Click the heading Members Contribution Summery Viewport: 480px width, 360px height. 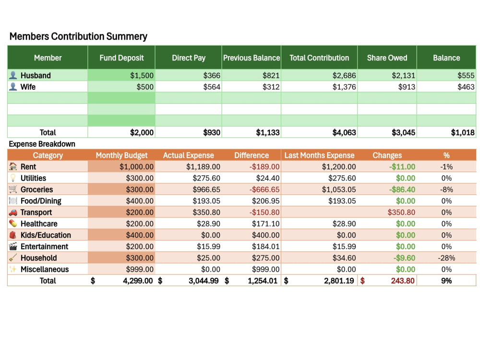point(78,36)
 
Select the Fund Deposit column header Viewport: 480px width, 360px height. point(121,58)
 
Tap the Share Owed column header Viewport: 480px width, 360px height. point(387,58)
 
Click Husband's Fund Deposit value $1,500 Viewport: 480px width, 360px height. point(142,75)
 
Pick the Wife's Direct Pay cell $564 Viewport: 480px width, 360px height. point(212,87)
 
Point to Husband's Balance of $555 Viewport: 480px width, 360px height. point(466,75)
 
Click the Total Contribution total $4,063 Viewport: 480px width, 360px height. point(344,132)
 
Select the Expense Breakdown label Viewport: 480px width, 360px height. point(42,144)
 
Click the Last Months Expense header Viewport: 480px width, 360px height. point(319,156)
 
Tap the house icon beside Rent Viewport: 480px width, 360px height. point(13,167)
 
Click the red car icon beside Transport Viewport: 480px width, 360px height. point(13,213)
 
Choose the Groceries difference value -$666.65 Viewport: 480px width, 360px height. point(264,190)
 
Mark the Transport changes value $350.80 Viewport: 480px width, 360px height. point(401,213)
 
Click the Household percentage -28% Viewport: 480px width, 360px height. point(446,258)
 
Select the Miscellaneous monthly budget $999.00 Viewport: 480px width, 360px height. point(140,269)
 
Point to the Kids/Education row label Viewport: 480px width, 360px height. point(46,235)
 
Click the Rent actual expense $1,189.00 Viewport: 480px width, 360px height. point(203,167)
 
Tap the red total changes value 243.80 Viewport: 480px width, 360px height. point(403,281)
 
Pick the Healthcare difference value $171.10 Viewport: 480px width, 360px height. point(266,224)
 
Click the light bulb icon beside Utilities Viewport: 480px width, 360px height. point(13,178)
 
